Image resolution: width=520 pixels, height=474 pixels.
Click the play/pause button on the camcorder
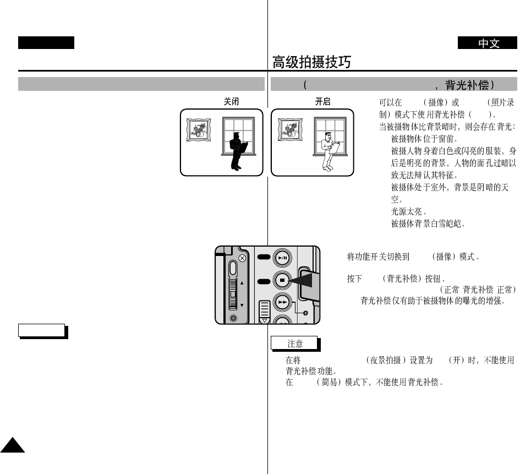point(282,258)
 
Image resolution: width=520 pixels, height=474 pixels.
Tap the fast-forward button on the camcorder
point(282,302)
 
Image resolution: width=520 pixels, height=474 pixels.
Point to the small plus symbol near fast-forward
point(305,313)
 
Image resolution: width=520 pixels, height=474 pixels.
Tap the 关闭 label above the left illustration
point(231,102)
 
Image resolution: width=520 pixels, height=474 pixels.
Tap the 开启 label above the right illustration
point(322,102)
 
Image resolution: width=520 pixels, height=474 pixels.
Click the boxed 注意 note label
point(295,343)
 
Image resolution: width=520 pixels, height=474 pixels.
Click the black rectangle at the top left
point(46,43)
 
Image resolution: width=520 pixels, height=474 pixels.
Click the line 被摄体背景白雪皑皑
point(428,224)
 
